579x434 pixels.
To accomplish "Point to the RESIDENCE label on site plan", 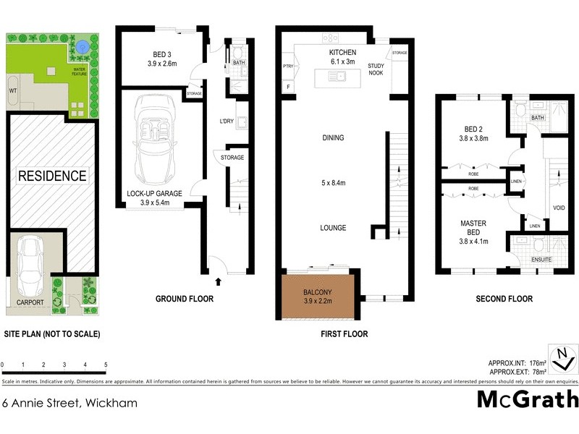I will (x=52, y=176).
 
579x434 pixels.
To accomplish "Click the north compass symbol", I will (x=562, y=357).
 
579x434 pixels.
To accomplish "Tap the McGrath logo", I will (x=528, y=399).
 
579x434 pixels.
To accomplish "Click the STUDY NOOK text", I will (x=376, y=69).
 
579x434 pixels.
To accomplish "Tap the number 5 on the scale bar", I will (x=106, y=365).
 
